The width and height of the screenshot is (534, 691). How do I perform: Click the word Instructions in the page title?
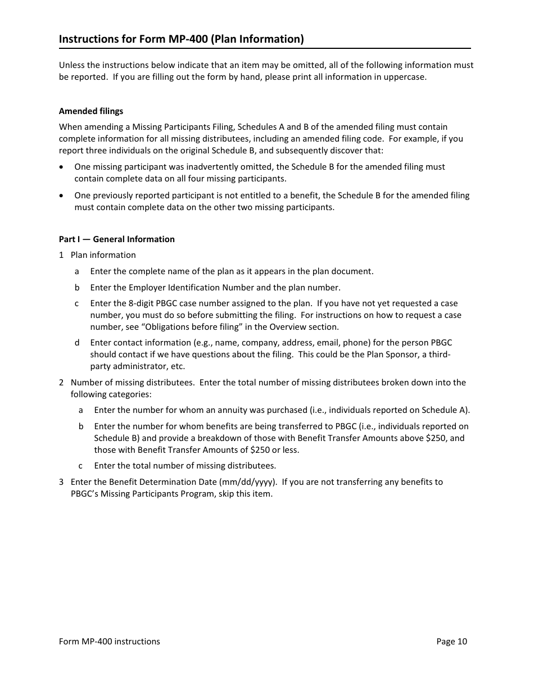tap(87, 39)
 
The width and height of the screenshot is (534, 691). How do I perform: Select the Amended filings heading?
tap(91, 111)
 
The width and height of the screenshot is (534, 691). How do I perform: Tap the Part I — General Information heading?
tap(117, 239)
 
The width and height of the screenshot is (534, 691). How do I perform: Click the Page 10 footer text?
tap(451, 642)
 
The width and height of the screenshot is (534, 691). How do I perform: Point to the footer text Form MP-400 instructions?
tap(110, 642)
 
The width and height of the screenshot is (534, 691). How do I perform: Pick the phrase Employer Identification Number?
tap(192, 288)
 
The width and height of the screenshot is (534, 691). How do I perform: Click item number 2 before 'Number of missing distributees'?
tap(61, 383)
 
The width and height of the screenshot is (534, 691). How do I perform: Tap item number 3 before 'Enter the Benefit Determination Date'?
tap(61, 482)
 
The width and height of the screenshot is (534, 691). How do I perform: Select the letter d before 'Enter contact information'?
tap(77, 343)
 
